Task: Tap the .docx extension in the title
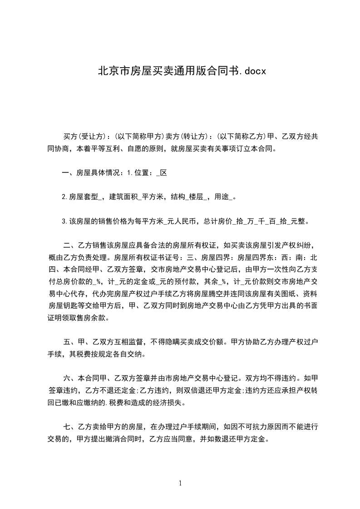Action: pos(250,71)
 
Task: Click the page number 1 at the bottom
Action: pos(180,483)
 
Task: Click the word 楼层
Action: pos(196,197)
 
